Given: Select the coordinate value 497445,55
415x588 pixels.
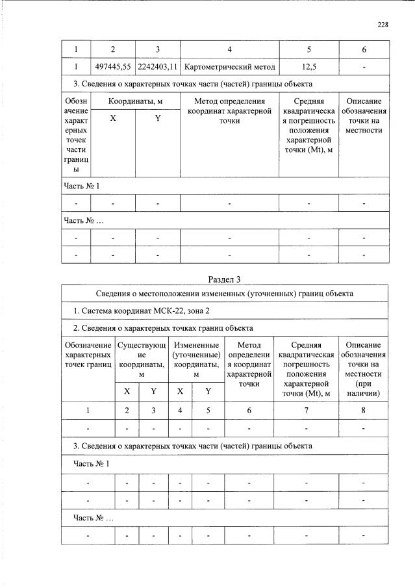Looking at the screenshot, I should tap(113, 66).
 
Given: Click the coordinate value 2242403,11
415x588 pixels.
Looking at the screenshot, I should tap(157, 66).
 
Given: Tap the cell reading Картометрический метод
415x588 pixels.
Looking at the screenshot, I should tap(229, 66).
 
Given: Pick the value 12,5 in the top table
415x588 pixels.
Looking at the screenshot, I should tap(308, 66).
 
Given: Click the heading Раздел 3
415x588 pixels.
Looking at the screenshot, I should tap(224, 279).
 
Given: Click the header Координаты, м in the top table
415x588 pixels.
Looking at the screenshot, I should tap(135, 101).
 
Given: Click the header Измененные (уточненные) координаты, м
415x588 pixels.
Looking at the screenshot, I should tap(195, 359).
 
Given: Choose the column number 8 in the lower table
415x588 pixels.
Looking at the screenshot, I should tap(363, 411).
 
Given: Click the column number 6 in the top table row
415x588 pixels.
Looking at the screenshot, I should tap(364, 49).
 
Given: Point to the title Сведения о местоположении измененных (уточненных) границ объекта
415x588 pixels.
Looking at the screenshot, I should tap(224, 294).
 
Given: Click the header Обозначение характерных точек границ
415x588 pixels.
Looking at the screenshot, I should tap(88, 355).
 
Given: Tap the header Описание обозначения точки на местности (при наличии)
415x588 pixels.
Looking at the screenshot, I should tap(363, 369).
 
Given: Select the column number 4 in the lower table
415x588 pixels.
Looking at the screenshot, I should tap(180, 411).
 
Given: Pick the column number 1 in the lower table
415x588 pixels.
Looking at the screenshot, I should tap(88, 411).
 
